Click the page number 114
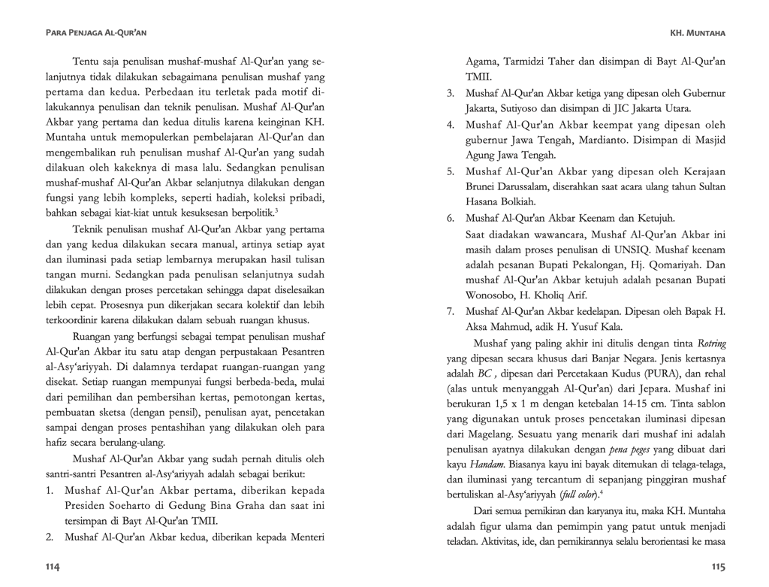(53, 565)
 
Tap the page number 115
(717, 565)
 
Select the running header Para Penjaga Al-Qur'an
(95, 33)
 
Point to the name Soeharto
(153, 505)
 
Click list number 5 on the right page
(451, 171)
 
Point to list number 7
(451, 311)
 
